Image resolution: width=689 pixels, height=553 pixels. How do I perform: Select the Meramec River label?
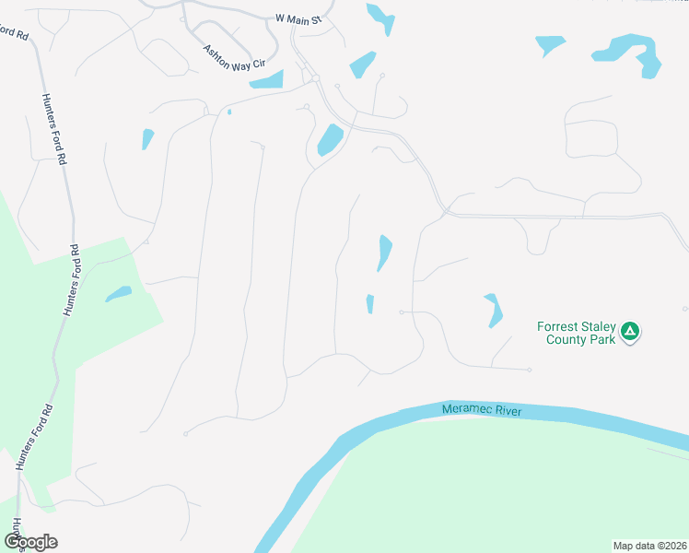tap(482, 410)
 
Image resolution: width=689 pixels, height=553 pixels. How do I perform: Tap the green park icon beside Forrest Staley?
tap(630, 331)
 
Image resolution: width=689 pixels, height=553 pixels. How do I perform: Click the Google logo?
tap(30, 542)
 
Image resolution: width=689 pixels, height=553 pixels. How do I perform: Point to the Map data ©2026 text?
tap(649, 545)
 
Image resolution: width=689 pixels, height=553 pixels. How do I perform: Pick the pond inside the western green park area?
tap(118, 294)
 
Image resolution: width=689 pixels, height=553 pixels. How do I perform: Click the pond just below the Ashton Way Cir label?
tap(266, 80)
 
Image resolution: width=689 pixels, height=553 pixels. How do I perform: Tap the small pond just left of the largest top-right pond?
tap(550, 43)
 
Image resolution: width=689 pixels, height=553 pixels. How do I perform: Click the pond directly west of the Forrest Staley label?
tap(495, 310)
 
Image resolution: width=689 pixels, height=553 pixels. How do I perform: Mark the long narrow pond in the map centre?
tap(384, 253)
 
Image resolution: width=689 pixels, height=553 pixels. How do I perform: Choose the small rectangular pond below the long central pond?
tap(370, 303)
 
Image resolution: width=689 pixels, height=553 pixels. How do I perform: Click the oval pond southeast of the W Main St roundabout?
tap(330, 140)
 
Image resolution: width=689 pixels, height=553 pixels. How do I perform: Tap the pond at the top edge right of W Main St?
tap(380, 18)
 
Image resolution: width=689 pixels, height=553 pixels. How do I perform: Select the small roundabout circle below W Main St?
tap(315, 79)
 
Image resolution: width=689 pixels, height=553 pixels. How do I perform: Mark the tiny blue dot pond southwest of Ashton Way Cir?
tap(228, 112)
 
